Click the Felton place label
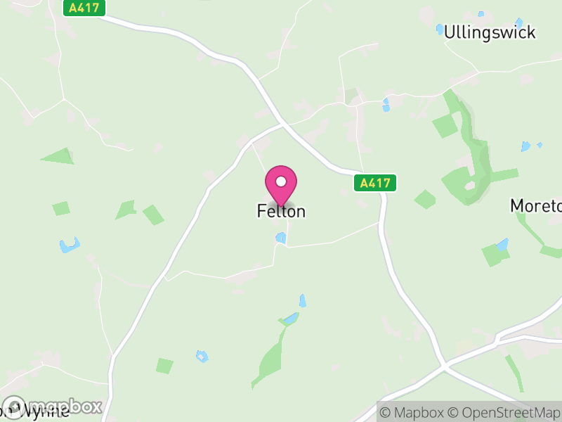point(281,211)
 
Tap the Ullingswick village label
point(490,32)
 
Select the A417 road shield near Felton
point(374,183)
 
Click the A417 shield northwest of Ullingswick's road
point(85,8)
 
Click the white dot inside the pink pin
point(281,181)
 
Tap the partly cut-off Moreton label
point(536,206)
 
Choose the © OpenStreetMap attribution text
point(504,412)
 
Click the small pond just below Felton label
point(281,238)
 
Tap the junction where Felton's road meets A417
point(282,125)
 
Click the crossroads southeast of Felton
point(443,366)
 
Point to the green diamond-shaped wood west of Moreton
point(425,199)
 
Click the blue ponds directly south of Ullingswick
point(386,105)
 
